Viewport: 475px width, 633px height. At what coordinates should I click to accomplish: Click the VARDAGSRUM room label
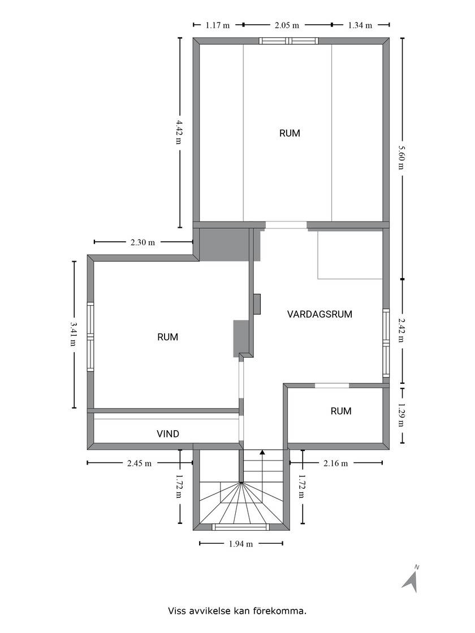pos(319,314)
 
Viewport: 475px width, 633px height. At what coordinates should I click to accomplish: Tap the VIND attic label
pos(168,434)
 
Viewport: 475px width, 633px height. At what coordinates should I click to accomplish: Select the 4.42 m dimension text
pos(179,132)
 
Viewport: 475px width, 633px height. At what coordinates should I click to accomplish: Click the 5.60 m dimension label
pos(401,157)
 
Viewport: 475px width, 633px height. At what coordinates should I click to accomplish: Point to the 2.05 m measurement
pos(287,25)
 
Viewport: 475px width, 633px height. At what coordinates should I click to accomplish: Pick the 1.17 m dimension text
pos(217,25)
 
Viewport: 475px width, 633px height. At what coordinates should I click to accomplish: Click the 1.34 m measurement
pos(360,25)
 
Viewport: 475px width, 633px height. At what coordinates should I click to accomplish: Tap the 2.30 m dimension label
pos(143,242)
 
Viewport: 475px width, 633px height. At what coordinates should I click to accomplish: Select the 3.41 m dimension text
pos(73,334)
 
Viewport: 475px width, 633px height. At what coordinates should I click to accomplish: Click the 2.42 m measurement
pos(401,330)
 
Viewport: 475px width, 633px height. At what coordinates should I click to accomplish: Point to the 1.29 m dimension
pos(401,415)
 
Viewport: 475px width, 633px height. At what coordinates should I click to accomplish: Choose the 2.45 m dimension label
pos(139,463)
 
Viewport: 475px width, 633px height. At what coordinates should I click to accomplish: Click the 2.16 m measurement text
pos(336,463)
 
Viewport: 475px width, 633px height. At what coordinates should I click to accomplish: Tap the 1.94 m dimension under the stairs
pos(241,544)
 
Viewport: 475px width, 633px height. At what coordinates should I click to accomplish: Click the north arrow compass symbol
pos(411,580)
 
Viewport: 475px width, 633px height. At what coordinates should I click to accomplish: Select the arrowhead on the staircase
pos(262,452)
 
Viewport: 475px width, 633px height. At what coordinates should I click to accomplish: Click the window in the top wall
pos(289,41)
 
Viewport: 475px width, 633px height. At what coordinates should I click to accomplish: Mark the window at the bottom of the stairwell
pos(240,527)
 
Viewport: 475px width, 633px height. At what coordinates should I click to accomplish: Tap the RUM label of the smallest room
pos(341,411)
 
